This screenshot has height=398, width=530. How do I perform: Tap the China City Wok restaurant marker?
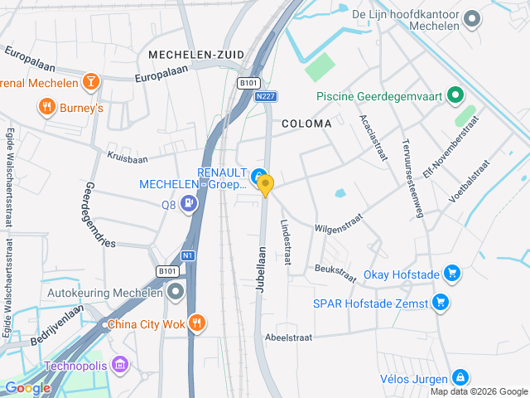click(x=196, y=323)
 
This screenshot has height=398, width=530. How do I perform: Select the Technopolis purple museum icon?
click(x=121, y=364)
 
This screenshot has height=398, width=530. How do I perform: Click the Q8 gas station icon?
click(x=190, y=202)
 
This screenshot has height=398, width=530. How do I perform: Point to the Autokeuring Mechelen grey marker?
click(x=176, y=292)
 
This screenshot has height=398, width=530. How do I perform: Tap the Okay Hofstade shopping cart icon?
click(x=451, y=273)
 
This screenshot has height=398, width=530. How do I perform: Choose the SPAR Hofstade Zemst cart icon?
click(x=441, y=302)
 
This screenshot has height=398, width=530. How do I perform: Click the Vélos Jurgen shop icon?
click(x=460, y=377)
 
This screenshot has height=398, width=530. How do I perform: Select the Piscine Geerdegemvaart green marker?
click(x=455, y=96)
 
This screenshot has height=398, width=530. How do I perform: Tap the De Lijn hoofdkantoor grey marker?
click(x=472, y=18)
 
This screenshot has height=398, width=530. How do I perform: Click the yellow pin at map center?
click(x=265, y=186)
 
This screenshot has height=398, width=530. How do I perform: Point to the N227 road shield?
click(x=265, y=97)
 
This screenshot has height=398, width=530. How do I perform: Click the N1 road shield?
click(x=189, y=255)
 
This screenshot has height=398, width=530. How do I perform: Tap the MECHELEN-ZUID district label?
click(x=196, y=55)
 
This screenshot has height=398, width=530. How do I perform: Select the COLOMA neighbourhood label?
click(x=306, y=124)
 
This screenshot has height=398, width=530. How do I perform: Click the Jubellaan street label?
click(x=261, y=268)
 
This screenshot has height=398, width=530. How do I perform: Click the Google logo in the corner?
click(x=27, y=387)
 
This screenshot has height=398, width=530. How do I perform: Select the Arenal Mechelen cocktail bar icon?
click(x=91, y=82)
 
